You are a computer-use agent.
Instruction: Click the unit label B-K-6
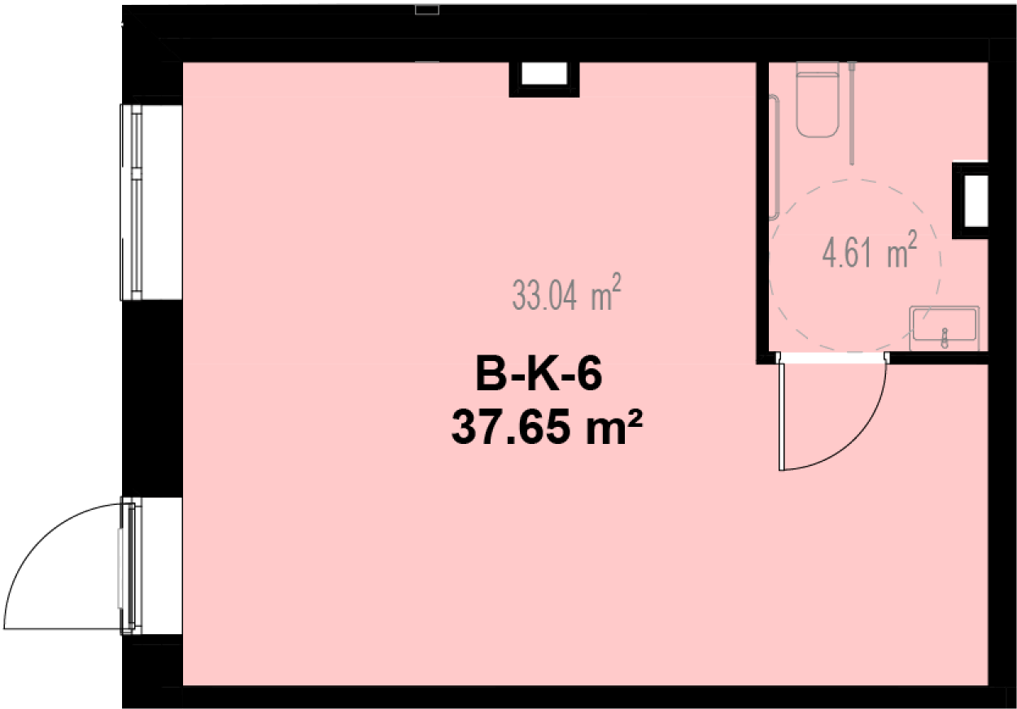(539, 373)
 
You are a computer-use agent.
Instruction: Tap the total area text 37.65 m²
(547, 427)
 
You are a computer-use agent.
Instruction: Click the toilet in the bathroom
(817, 100)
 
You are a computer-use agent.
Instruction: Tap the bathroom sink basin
(945, 324)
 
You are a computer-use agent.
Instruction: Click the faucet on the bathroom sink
(945, 338)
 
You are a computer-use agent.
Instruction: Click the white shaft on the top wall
(544, 73)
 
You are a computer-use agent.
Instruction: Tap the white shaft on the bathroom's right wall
(976, 201)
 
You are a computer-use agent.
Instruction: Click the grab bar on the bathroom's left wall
(774, 157)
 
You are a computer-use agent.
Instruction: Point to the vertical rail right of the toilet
(852, 113)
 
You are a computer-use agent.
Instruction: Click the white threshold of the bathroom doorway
(832, 359)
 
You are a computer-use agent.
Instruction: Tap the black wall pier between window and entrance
(152, 398)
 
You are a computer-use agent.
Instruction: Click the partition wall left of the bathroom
(762, 212)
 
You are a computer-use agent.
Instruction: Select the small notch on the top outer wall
(427, 10)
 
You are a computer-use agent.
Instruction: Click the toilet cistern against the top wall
(817, 67)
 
